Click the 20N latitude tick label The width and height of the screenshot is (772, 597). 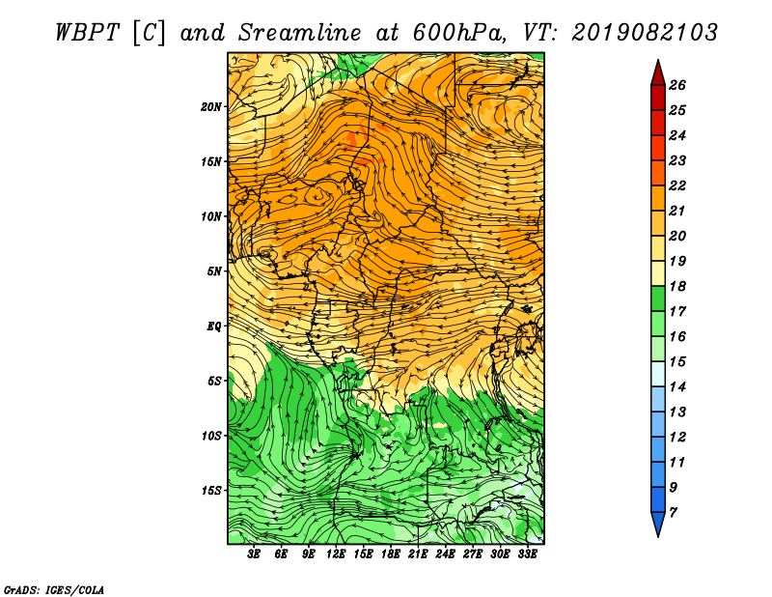210,107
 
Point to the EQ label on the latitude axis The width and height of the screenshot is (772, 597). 213,327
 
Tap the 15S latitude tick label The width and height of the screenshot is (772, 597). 210,491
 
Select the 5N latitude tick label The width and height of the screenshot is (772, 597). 214,271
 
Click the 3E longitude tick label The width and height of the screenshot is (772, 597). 254,554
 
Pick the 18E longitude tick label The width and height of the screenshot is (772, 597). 391,554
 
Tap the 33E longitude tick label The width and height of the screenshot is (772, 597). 527,554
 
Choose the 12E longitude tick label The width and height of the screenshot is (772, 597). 336,554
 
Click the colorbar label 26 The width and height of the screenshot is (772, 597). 677,85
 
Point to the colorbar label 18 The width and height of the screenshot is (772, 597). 677,286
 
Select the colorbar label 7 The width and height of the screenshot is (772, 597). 673,513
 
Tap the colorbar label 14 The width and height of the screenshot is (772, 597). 677,387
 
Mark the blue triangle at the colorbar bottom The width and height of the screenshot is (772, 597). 658,524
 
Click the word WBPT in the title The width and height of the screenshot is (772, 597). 87,33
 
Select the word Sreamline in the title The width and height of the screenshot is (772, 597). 300,33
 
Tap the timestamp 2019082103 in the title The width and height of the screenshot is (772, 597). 645,33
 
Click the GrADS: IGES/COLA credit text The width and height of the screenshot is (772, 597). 54,590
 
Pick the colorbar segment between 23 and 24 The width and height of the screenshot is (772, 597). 658,148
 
